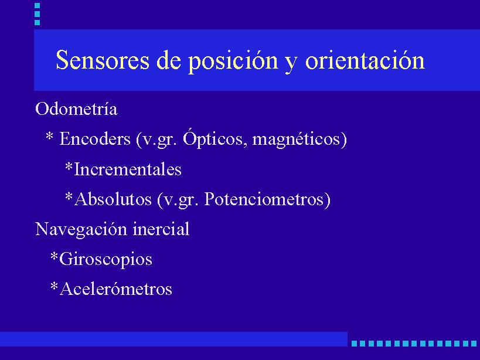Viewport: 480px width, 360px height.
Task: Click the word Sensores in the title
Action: tap(103, 60)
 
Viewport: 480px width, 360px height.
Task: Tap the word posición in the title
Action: tap(233, 60)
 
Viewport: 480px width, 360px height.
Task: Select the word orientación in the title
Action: tap(365, 59)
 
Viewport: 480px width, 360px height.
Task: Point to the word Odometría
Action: tap(76, 108)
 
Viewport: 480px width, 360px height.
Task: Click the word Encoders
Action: tap(95, 138)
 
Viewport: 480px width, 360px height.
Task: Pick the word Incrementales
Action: tap(128, 169)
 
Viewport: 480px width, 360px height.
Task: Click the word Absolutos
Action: tap(113, 199)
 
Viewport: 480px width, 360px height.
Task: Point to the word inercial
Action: tap(161, 229)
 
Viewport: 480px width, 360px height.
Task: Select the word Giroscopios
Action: tap(105, 259)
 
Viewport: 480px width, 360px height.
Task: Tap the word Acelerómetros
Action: tap(115, 288)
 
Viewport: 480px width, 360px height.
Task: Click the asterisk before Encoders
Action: tap(49, 136)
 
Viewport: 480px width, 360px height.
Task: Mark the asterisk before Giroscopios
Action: tap(54, 256)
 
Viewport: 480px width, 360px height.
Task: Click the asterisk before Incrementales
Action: tap(69, 166)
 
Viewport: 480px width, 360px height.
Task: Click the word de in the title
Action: tap(168, 60)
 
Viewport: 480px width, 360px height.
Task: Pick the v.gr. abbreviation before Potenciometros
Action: tap(178, 199)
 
